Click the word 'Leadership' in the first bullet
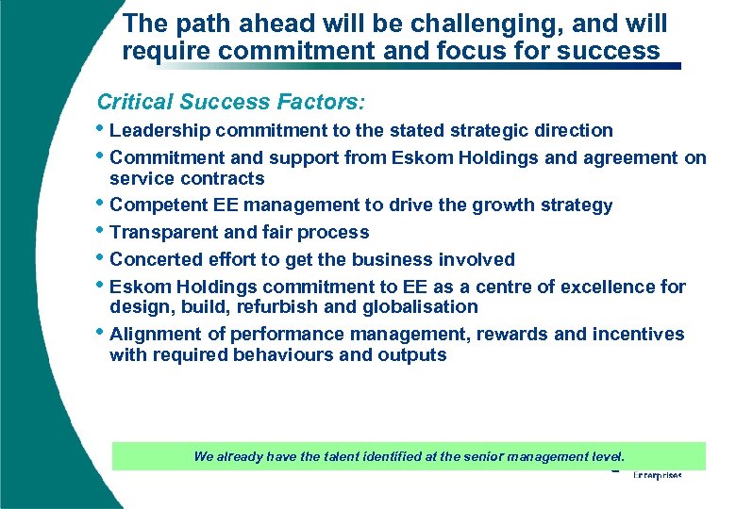click(159, 130)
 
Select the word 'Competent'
click(156, 205)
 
